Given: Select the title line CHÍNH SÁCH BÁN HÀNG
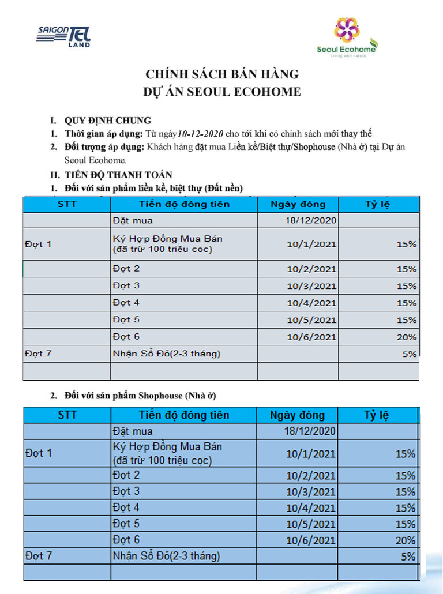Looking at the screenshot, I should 222,74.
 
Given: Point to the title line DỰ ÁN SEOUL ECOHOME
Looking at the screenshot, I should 222,92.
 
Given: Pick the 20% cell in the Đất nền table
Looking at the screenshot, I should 407,337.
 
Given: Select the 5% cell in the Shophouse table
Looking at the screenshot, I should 408,557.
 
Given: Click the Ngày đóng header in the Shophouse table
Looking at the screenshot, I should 297,415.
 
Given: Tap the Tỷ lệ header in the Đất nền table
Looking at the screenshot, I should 378,204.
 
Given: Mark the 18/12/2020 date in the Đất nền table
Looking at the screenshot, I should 310,220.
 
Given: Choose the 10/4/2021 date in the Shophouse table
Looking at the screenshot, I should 310,508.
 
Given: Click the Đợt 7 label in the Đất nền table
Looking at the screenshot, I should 39,354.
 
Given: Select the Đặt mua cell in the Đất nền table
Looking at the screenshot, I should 133,220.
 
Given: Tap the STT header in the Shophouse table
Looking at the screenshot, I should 67,415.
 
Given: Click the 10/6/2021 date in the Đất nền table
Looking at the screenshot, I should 311,337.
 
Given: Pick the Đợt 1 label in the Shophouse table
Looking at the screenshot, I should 39,453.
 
